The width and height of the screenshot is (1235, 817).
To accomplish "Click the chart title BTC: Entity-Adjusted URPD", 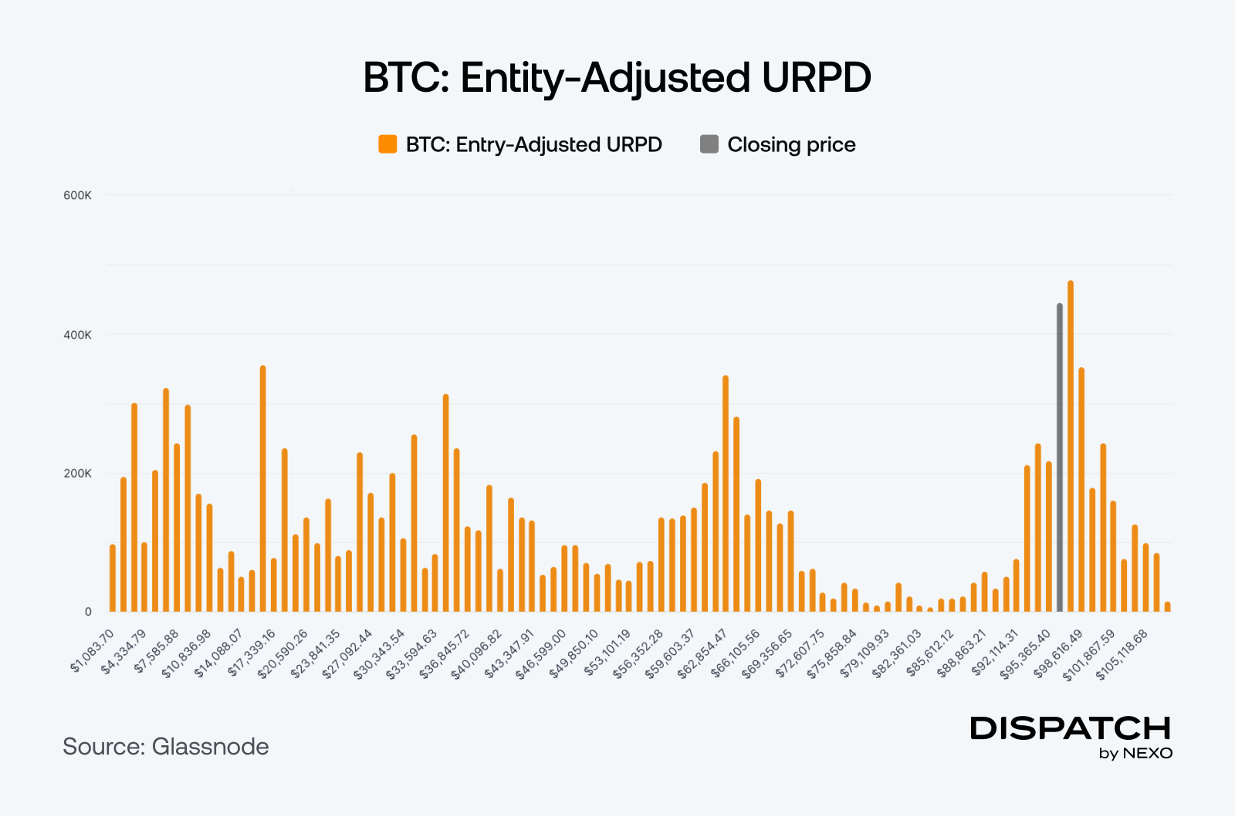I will point(617,78).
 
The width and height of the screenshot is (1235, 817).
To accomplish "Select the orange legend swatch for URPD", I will point(387,144).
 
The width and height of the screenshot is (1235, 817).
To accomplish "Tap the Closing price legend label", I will point(791,145).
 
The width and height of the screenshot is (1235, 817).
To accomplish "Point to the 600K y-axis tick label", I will point(77,196).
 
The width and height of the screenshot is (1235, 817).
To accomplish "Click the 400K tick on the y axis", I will point(77,335).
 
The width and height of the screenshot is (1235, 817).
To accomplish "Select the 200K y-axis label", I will point(77,474).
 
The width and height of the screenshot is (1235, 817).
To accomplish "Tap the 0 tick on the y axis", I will point(88,612).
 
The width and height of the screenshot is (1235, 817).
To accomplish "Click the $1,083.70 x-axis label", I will point(93,650).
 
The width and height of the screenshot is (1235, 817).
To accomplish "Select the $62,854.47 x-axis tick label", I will point(703,653).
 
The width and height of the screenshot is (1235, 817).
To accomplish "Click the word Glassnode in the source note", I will point(210,747).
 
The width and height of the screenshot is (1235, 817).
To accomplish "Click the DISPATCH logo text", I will point(1071,728).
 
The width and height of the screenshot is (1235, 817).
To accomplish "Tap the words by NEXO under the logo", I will point(1135,754).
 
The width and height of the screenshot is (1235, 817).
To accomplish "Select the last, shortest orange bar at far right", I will point(1168,606).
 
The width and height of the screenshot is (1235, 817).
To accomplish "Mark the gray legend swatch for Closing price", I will point(709,144).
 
